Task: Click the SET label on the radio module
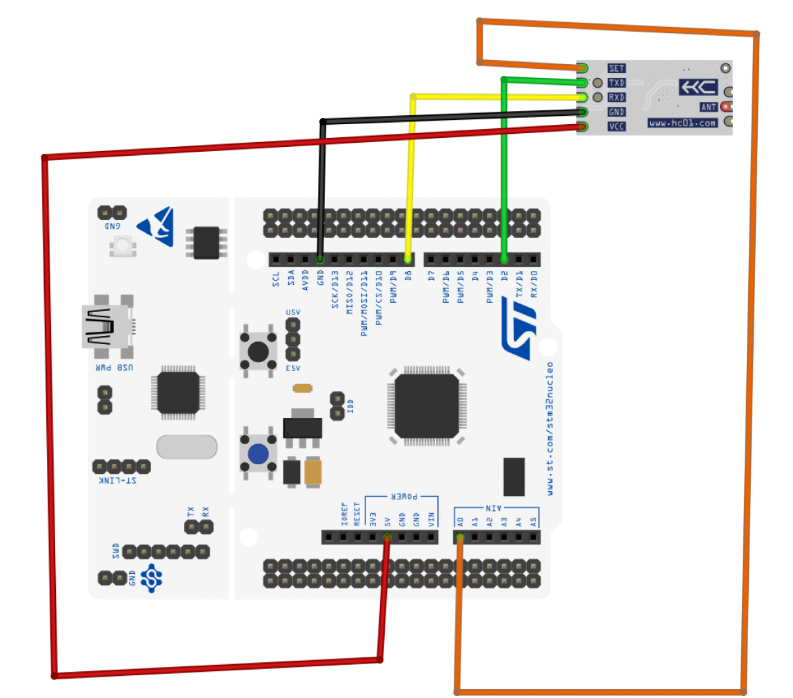(616, 68)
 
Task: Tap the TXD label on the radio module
(616, 83)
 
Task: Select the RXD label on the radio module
(616, 97)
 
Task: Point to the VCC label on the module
(616, 126)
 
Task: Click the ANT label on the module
(708, 107)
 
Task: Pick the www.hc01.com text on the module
(682, 123)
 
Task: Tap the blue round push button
(259, 454)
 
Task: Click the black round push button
(259, 351)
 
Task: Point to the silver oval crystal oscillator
(187, 447)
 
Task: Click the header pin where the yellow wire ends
(408, 259)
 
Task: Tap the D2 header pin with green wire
(505, 259)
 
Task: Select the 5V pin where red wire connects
(387, 537)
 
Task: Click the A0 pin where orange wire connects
(459, 537)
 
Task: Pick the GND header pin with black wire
(320, 259)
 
